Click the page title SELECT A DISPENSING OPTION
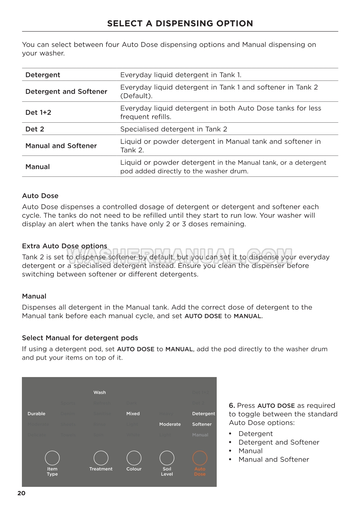[180, 24]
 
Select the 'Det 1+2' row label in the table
[38, 112]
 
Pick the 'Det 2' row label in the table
[35, 129]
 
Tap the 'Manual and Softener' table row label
[61, 146]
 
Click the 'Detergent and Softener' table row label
[66, 91]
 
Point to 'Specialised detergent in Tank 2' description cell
[174, 129]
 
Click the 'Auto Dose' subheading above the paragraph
[40, 196]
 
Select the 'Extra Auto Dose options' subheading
[64, 246]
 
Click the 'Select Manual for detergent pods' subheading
[80, 338]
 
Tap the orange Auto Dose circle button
[200, 458]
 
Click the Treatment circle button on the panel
[101, 458]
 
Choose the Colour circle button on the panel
[134, 458]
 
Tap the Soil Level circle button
[167, 458]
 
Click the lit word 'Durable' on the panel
[36, 414]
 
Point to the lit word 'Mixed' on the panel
[133, 414]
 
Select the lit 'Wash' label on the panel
[99, 393]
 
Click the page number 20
[21, 493]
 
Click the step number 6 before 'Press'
[232, 406]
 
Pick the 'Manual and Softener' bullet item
[273, 459]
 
